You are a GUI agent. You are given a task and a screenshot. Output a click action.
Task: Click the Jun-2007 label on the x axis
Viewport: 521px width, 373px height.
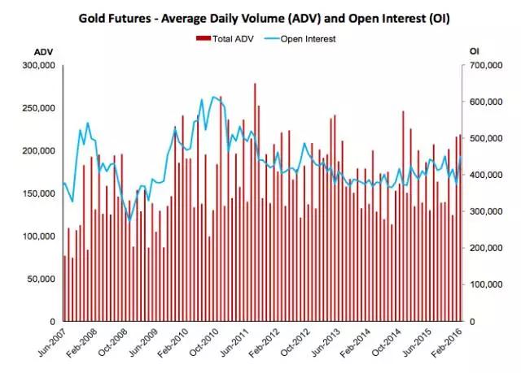[50, 345]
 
